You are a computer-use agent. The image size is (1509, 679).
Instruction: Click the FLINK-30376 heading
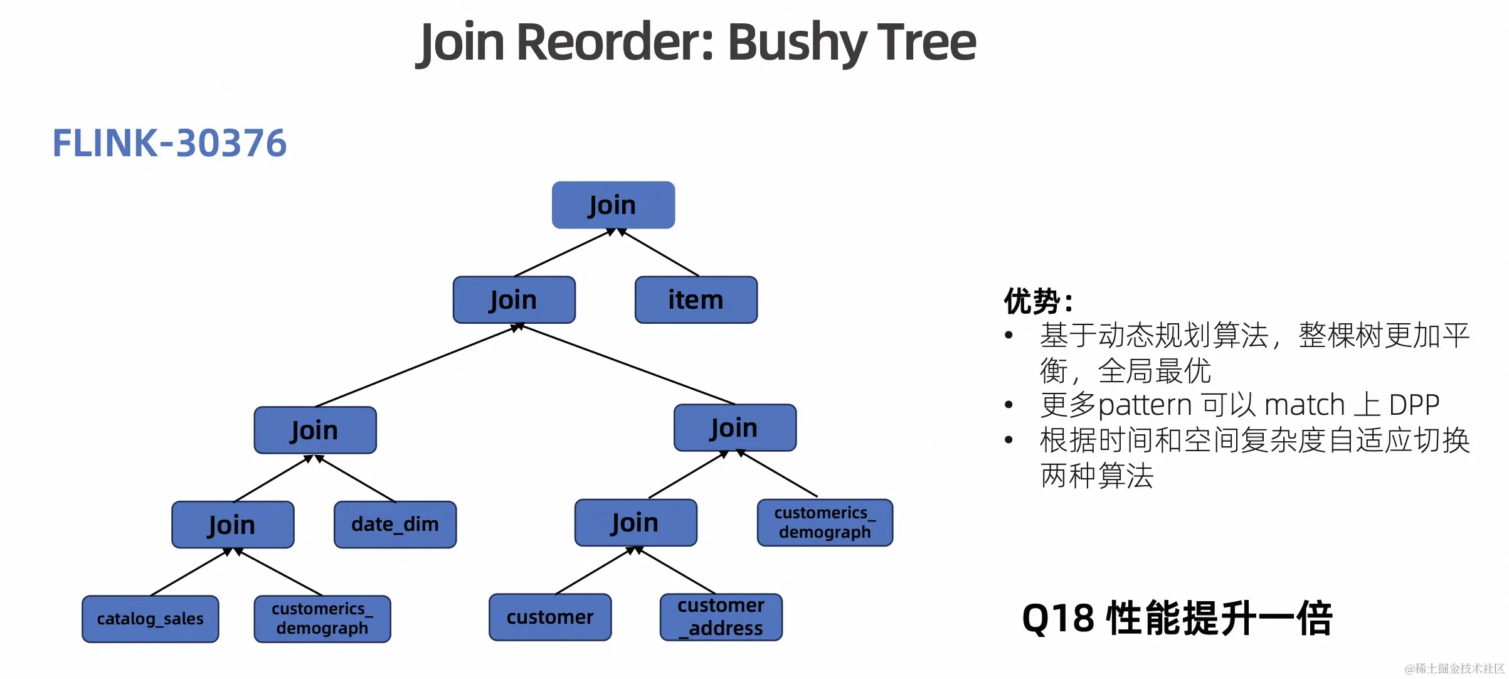(x=169, y=143)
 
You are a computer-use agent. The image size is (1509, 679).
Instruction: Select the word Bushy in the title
(x=796, y=43)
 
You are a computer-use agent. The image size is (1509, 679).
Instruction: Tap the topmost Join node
(x=613, y=205)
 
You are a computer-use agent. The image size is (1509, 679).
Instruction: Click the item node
(x=696, y=300)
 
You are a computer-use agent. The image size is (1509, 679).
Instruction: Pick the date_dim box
(x=395, y=525)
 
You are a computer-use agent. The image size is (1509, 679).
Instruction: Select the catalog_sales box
(x=150, y=619)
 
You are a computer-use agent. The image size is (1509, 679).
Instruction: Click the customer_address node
(x=721, y=618)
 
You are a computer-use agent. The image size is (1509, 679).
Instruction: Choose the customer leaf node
(x=549, y=618)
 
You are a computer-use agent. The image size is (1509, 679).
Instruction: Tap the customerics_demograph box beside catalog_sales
(x=322, y=619)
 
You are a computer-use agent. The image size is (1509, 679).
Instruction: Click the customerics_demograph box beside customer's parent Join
(x=824, y=523)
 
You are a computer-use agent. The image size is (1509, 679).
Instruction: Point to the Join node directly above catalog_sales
(x=232, y=525)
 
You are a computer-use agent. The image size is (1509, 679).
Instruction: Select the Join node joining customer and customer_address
(x=635, y=523)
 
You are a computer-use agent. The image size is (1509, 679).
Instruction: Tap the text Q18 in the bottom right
(x=1058, y=619)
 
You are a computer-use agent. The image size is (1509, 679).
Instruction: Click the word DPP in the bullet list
(x=1414, y=405)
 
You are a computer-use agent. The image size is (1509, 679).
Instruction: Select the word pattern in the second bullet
(x=1145, y=405)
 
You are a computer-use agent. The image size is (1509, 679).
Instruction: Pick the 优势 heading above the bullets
(x=1032, y=302)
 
